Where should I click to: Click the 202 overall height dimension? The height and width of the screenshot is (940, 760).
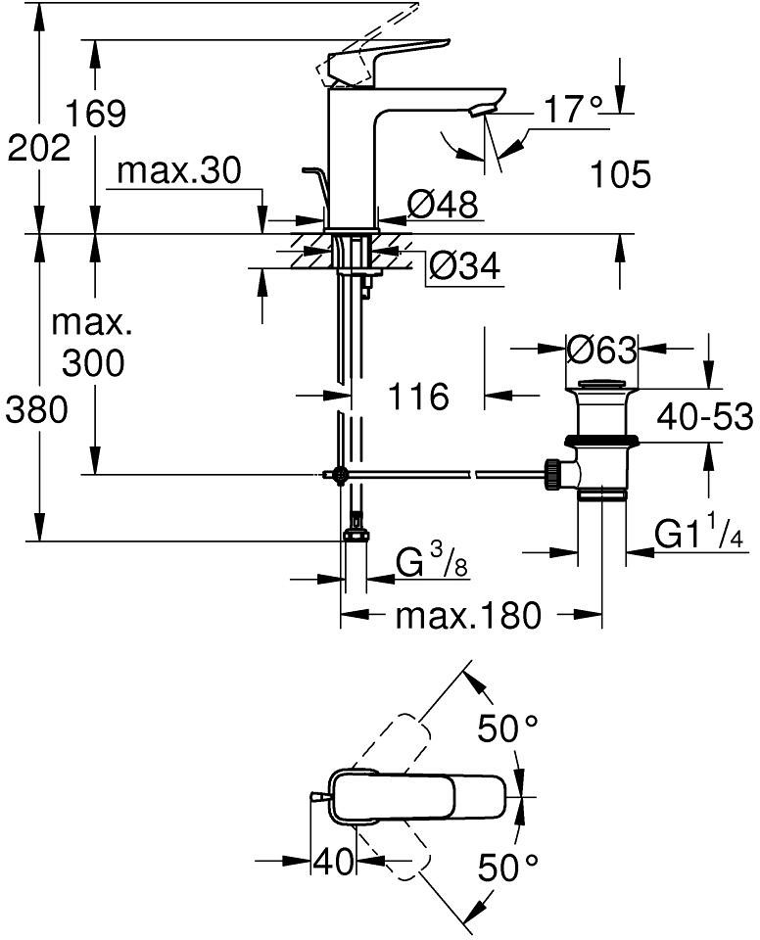point(38,150)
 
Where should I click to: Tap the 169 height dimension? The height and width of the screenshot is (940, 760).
point(96,115)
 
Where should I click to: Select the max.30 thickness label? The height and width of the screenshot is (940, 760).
point(178,172)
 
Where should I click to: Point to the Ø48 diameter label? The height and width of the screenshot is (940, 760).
point(442,205)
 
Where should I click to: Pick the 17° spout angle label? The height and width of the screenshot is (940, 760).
point(573,110)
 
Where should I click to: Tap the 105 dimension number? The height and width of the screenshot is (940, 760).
point(621,175)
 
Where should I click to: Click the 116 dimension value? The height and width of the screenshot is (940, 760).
point(417,397)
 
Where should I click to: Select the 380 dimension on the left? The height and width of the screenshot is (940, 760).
point(36,411)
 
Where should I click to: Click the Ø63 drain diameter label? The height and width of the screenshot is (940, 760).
point(601,349)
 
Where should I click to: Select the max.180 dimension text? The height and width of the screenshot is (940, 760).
point(468,616)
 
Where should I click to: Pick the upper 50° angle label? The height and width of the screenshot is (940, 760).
point(508,728)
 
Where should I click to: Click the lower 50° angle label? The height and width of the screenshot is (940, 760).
point(508,867)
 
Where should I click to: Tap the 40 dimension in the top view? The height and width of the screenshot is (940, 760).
point(333,862)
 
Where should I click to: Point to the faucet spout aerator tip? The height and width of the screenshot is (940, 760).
point(478,111)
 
